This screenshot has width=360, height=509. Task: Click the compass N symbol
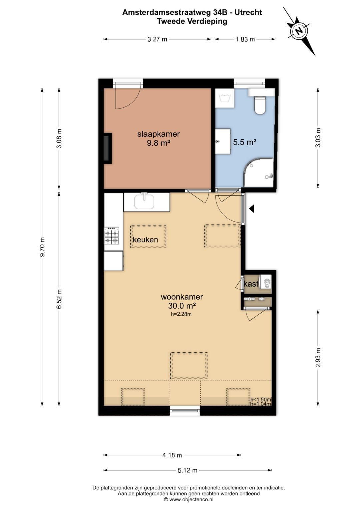coord(299,30)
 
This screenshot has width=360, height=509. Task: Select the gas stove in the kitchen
coord(111,236)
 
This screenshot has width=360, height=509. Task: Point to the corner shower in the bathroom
coord(259,172)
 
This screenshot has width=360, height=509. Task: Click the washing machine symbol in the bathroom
coord(225,98)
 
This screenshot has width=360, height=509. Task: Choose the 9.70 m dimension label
coord(42,247)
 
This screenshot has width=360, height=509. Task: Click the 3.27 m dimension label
coord(157,39)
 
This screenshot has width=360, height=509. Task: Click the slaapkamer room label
coord(158,134)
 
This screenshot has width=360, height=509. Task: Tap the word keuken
coord(145,240)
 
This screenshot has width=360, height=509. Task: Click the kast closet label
coord(251,284)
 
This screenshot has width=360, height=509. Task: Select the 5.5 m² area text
coord(245,142)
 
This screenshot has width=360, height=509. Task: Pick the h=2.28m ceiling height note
coord(181,314)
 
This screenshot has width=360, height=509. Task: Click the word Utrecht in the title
coord(248,12)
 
